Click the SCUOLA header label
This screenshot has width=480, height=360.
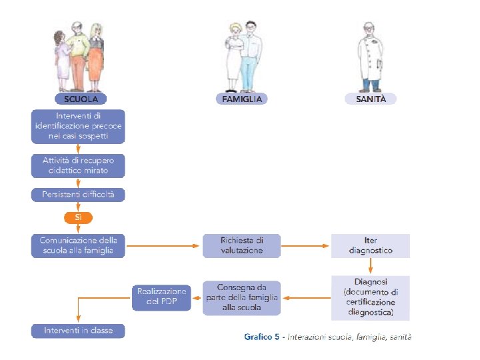80,99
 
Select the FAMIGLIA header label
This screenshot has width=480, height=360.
241,99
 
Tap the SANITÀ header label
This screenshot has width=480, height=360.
371,99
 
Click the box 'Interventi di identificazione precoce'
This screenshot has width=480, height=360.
78,127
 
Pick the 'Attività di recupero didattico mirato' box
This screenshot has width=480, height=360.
78,165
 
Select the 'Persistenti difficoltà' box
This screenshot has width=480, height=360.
78,195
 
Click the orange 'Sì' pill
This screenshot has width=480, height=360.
78,218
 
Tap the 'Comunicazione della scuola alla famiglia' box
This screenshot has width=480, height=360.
78,245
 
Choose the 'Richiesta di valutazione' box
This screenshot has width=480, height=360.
241,245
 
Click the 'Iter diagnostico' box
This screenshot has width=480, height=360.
371,245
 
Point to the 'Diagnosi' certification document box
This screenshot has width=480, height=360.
371,297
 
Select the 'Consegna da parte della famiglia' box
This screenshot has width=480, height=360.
241,297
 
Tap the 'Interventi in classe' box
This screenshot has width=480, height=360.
78,331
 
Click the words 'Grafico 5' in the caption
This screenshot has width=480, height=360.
262,337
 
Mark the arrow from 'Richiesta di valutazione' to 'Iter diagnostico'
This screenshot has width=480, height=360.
306,245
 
